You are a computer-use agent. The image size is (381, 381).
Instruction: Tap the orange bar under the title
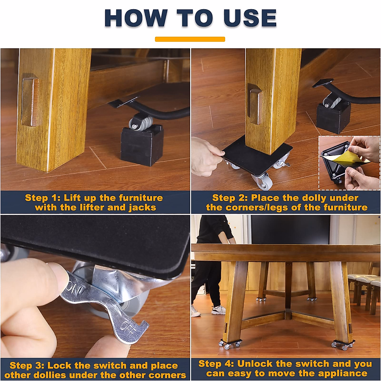pyautogui.click(x=190, y=39)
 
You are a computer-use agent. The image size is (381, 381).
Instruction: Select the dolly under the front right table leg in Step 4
pyautogui.click(x=343, y=344)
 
